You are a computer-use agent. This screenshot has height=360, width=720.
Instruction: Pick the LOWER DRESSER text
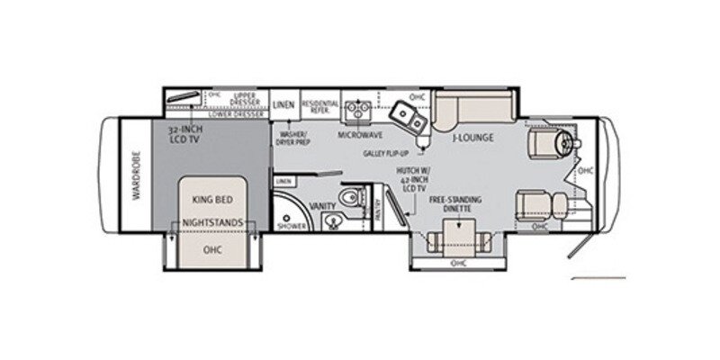(x=235, y=115)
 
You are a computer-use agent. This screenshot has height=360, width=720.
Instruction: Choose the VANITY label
(x=322, y=206)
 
